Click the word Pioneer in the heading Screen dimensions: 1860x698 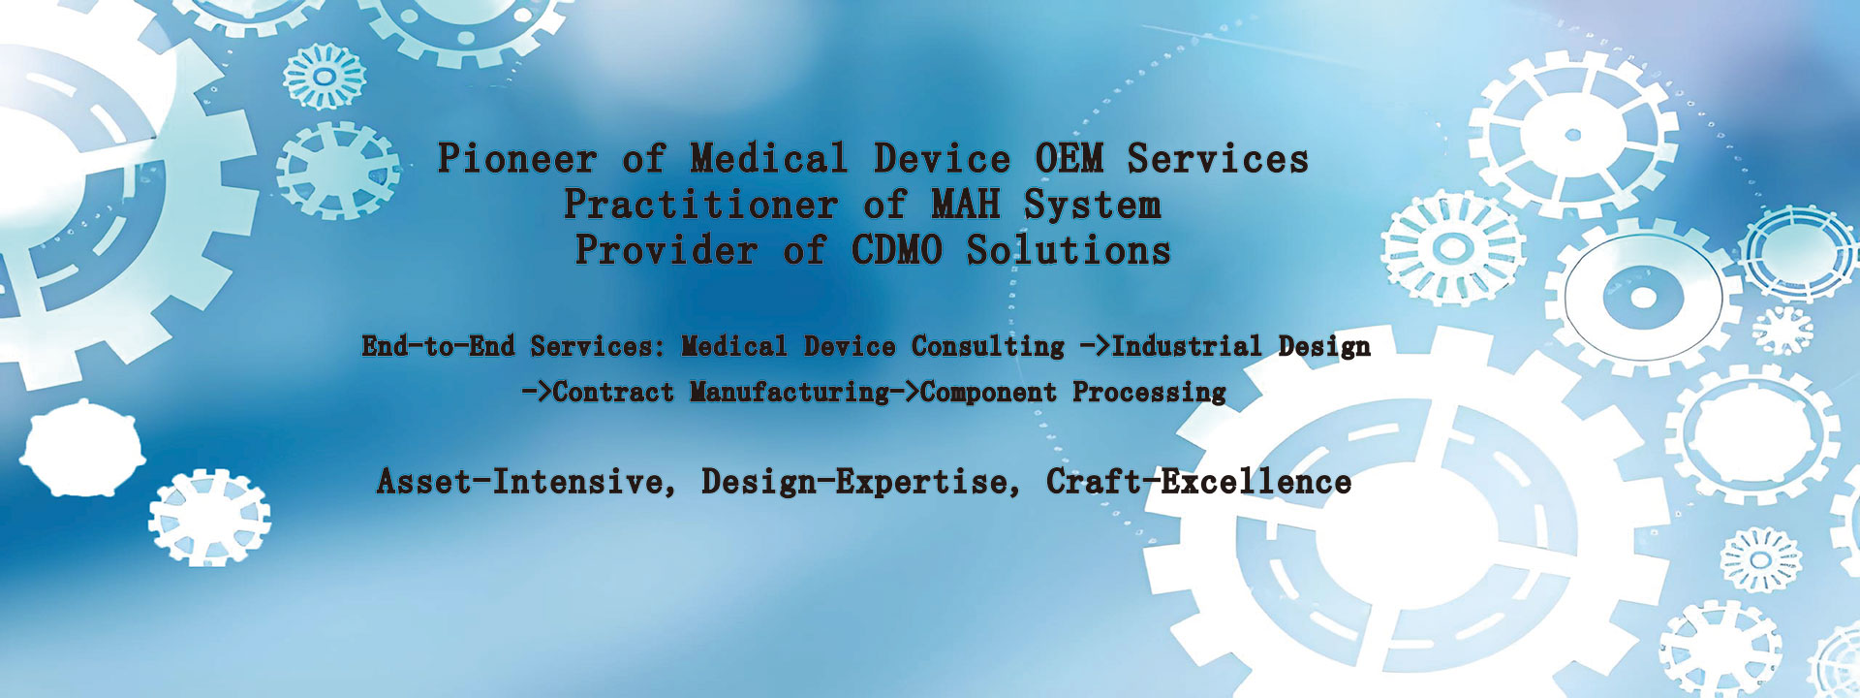pos(517,159)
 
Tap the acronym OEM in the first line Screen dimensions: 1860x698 pos(1069,158)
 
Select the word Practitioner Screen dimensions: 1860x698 pos(700,205)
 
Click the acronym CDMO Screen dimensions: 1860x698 pos(897,250)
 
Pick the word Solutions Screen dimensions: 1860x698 pos(1069,250)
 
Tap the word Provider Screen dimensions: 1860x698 pos(666,250)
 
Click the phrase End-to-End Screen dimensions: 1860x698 pos(438,346)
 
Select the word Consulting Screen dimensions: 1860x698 pos(987,347)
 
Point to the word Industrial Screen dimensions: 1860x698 pos(1187,346)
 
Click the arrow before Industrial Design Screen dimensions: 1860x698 pos(1095,347)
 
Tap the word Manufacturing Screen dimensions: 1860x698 pos(790,393)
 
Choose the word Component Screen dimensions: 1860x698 pos(988,393)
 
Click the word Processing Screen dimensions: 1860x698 pos(1149,393)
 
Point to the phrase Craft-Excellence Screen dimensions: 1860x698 pos(1198,482)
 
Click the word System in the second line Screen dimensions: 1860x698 pos(1092,206)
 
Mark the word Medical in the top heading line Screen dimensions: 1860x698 pos(769,158)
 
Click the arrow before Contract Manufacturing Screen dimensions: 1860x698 pos(537,393)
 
